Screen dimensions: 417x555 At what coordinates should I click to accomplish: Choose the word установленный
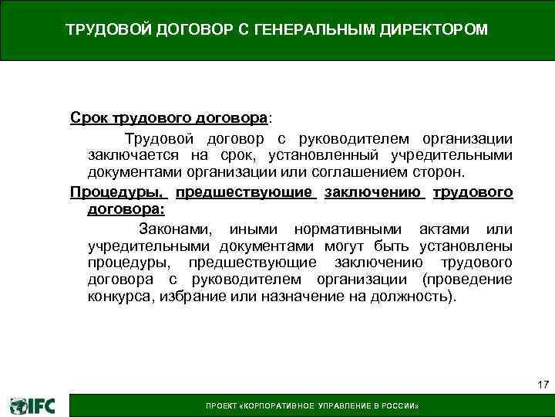(315, 154)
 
